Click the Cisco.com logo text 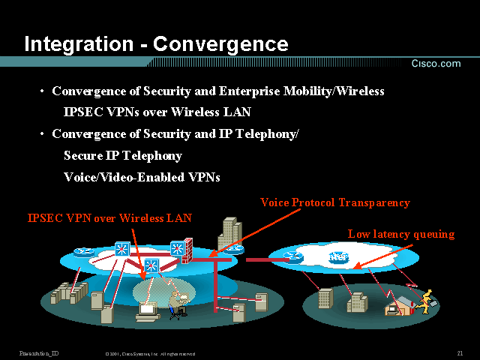(x=435, y=64)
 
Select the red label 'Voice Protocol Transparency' (x=334, y=202)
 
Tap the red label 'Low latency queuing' (x=400, y=234)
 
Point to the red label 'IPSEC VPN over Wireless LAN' (x=109, y=218)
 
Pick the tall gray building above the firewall (x=229, y=234)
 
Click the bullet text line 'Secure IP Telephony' (x=122, y=156)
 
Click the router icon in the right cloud (x=293, y=257)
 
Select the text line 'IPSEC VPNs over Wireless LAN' (x=157, y=112)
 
